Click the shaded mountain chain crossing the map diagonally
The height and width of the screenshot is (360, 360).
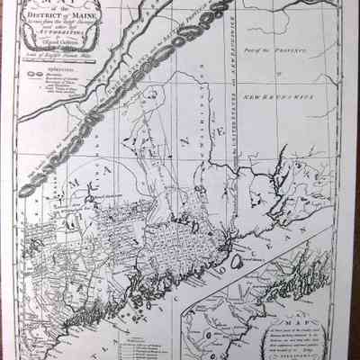[x=117, y=126]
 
